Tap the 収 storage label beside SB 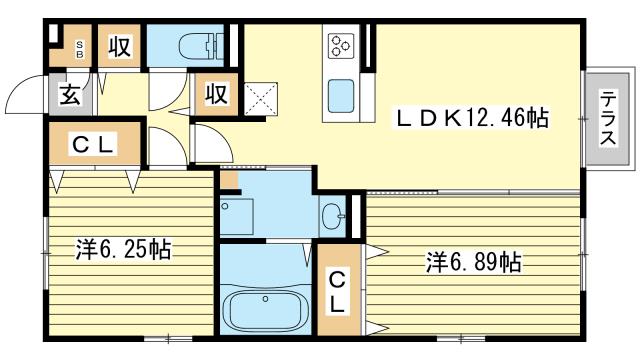[x=119, y=48]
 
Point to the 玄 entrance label [x=70, y=95]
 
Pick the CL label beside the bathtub [x=340, y=290]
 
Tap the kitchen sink [x=343, y=97]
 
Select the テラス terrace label [x=607, y=119]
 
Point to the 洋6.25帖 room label [x=123, y=250]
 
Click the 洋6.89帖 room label [x=473, y=263]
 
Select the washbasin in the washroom [x=333, y=213]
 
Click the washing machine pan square [x=236, y=216]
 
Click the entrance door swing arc [x=25, y=95]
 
